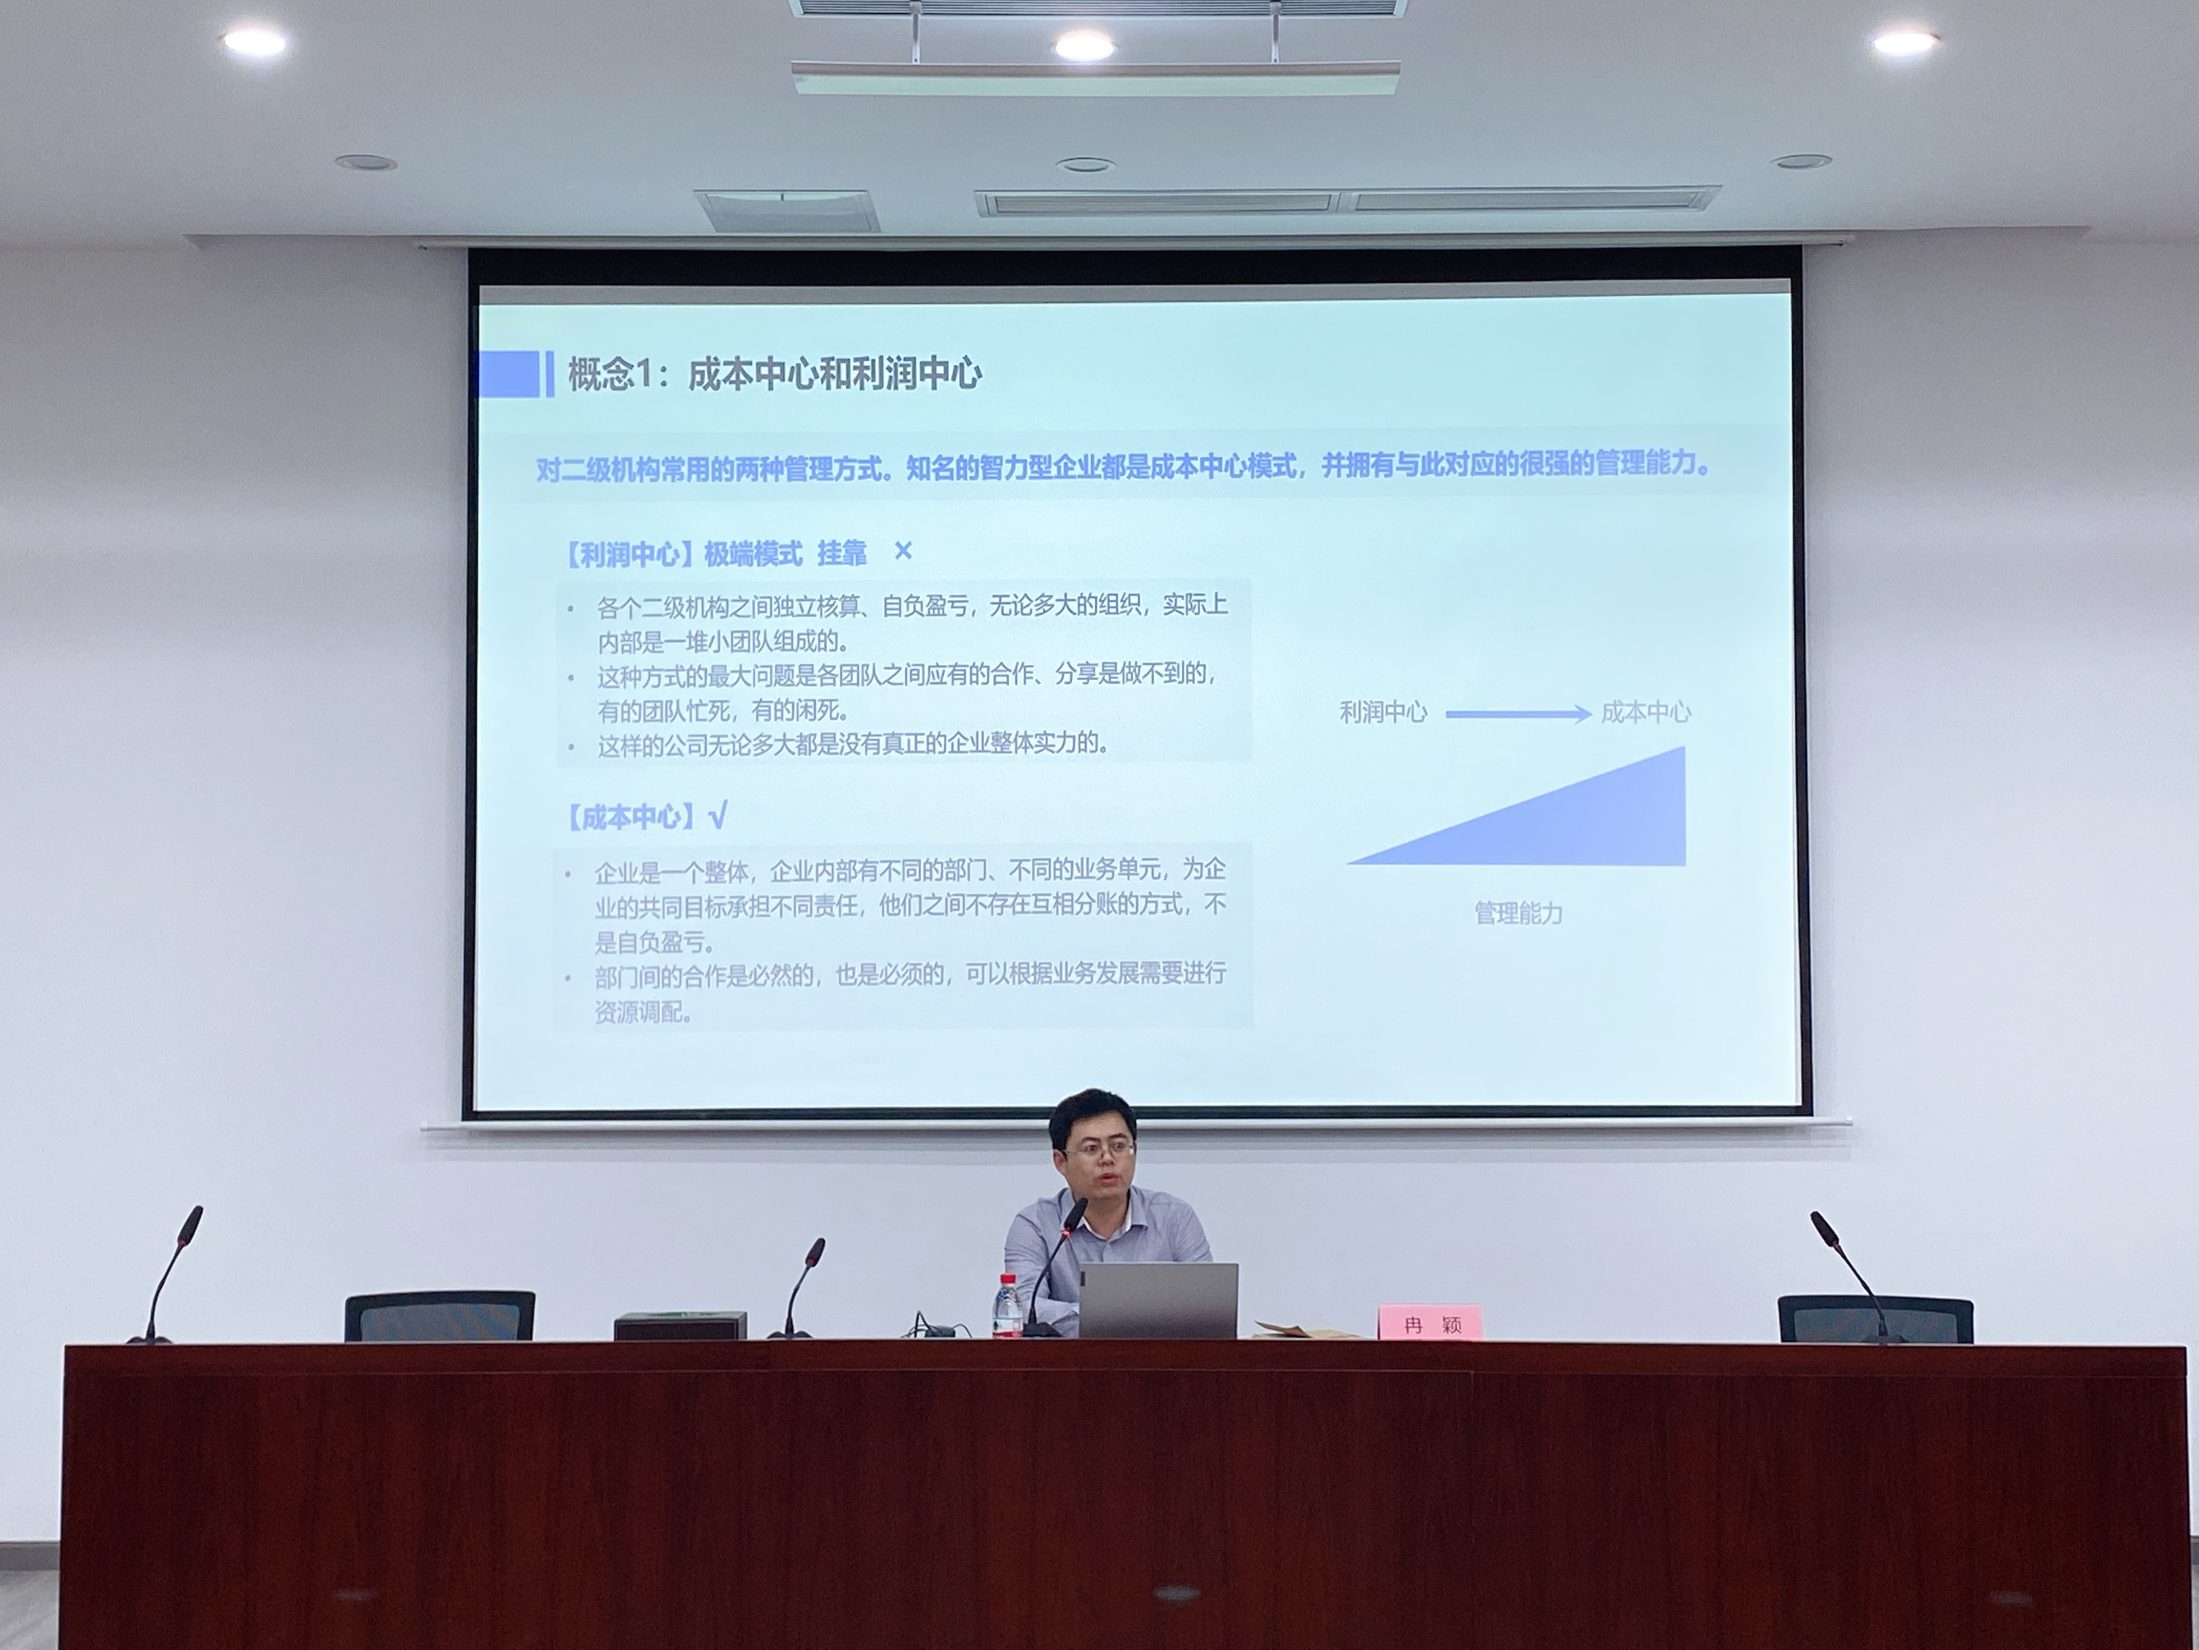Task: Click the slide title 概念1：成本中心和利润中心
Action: (x=774, y=375)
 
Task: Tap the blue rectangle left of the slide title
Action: (x=509, y=374)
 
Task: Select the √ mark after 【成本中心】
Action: (x=718, y=816)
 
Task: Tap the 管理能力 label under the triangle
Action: (x=1518, y=913)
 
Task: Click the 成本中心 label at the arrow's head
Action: (x=1646, y=712)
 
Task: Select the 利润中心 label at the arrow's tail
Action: (x=1383, y=712)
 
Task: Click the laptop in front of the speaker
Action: (x=1158, y=1301)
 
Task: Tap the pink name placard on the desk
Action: (x=1429, y=1324)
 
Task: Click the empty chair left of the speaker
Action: (x=440, y=1316)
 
